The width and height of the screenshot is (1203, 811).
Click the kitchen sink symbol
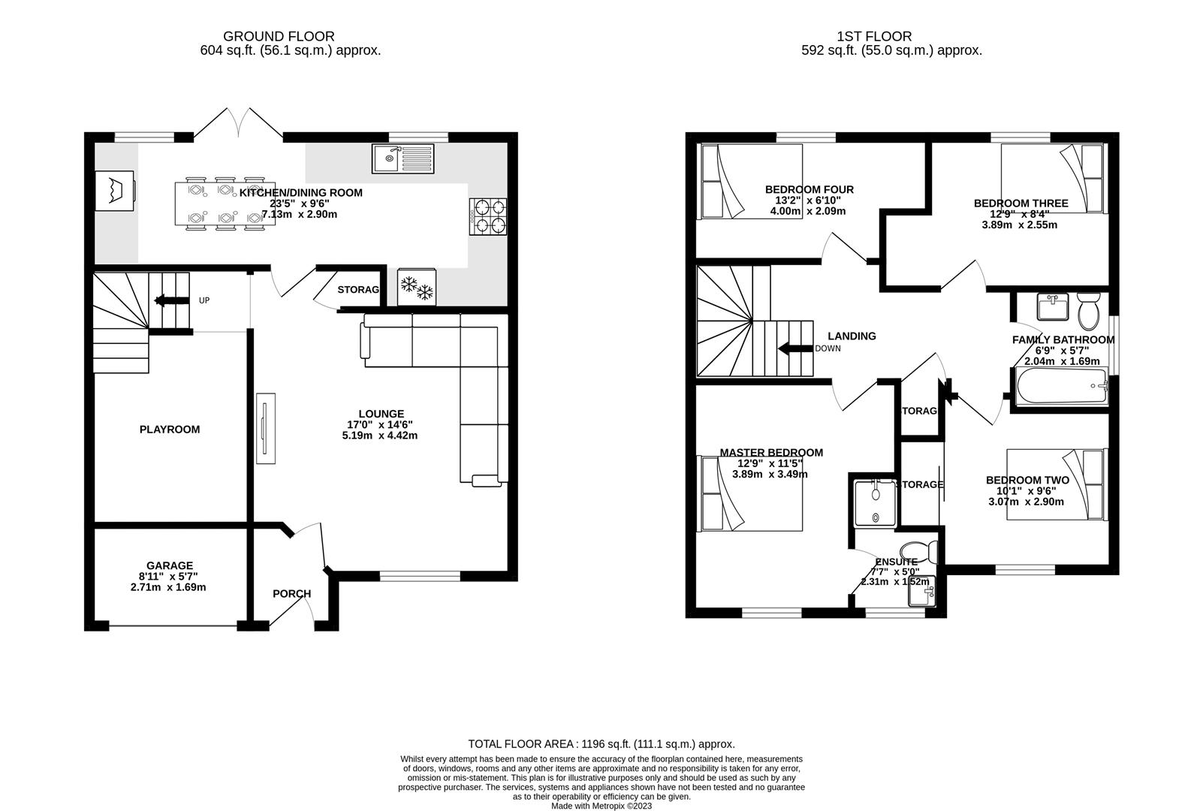click(403, 158)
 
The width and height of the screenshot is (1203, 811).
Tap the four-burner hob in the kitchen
click(489, 216)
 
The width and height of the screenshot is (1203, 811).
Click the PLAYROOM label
click(170, 430)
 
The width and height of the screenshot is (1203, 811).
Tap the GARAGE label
click(170, 565)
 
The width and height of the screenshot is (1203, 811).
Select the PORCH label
click(291, 593)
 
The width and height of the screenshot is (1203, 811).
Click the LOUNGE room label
click(381, 414)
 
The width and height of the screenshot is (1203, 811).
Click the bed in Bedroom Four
click(750, 181)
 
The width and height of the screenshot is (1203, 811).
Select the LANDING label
click(852, 336)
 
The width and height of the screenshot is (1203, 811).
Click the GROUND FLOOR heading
click(279, 36)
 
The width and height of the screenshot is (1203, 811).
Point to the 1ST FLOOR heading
click(874, 36)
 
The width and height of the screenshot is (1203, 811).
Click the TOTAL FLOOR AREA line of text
click(601, 744)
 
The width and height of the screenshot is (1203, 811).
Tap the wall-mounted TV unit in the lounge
click(264, 428)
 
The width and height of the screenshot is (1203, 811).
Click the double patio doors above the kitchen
click(239, 125)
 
